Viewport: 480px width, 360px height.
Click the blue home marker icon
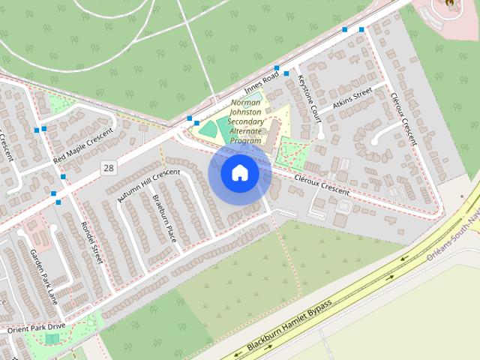(x=239, y=172)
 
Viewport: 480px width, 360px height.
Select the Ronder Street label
(x=92, y=242)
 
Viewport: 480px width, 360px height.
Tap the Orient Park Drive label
(x=37, y=328)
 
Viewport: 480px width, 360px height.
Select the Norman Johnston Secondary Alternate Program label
(x=246, y=121)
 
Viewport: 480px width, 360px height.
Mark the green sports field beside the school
(x=211, y=128)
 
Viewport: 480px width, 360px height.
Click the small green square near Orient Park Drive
(x=52, y=339)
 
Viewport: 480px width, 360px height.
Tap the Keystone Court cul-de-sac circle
(x=320, y=136)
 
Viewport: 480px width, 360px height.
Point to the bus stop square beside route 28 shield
(x=63, y=178)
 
